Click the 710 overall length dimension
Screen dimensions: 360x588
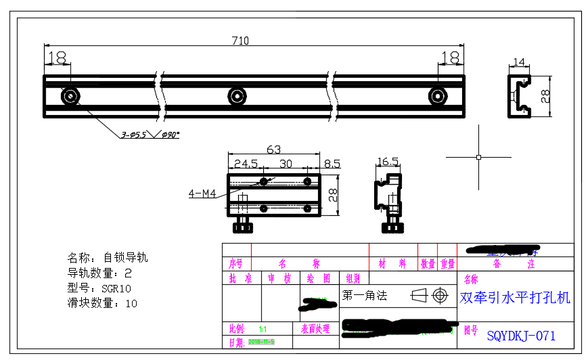click(x=240, y=41)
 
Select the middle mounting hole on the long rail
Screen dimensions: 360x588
click(x=237, y=96)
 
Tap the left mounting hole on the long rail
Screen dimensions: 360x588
click(x=70, y=96)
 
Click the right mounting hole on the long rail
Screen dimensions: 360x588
click(x=438, y=96)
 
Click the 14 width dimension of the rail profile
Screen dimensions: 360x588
click(x=518, y=62)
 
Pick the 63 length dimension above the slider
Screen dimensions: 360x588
click(x=274, y=149)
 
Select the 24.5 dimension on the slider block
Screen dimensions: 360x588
click(x=245, y=163)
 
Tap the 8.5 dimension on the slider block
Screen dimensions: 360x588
click(x=332, y=163)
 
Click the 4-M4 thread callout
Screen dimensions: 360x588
click(x=202, y=194)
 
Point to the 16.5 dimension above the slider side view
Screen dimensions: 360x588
click(x=387, y=162)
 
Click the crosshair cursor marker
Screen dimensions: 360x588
click(x=478, y=157)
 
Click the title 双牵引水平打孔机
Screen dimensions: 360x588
click(x=515, y=298)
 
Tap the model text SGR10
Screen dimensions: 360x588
click(x=116, y=288)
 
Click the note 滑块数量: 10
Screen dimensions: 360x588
click(x=102, y=303)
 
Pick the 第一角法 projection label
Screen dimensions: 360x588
click(x=364, y=296)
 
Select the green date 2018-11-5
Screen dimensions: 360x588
click(x=261, y=342)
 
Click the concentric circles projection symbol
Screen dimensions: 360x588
click(x=440, y=296)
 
